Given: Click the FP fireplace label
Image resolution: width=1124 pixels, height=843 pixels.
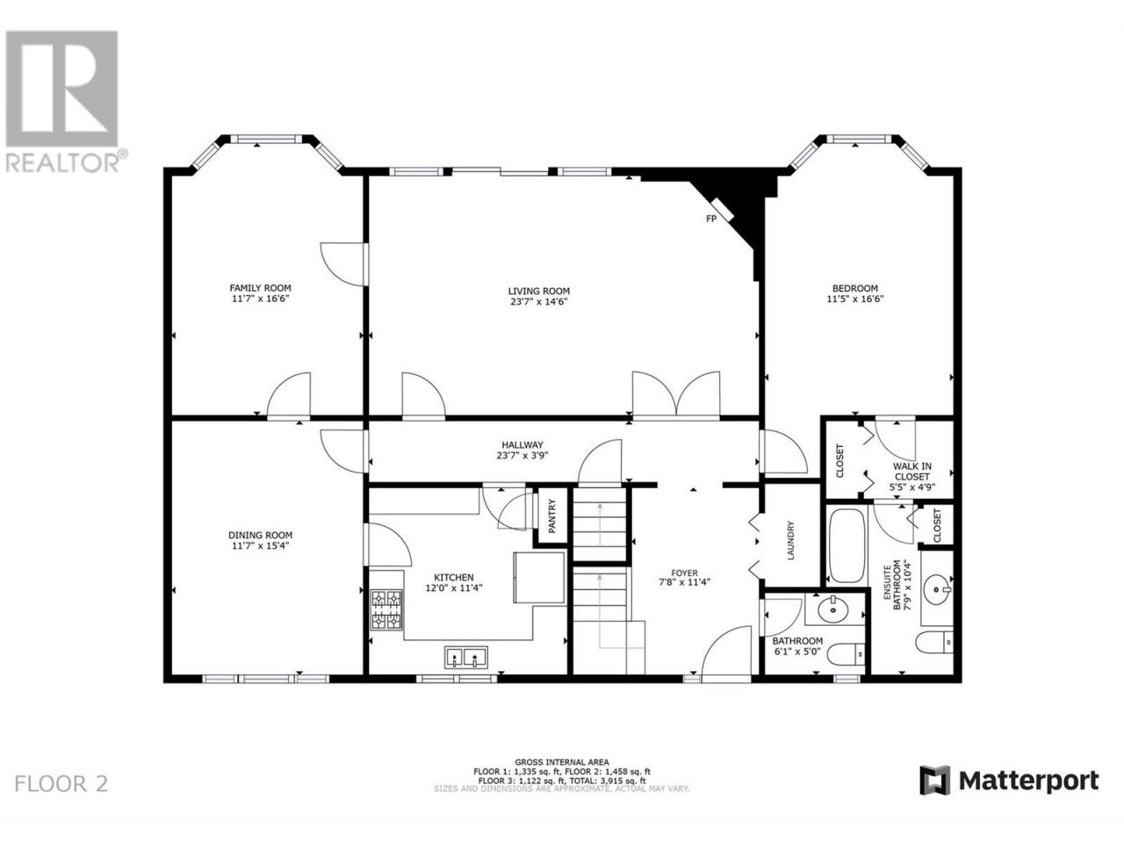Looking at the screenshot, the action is [x=710, y=219].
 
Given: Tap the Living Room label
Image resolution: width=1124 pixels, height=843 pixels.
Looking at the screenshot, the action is [x=538, y=292].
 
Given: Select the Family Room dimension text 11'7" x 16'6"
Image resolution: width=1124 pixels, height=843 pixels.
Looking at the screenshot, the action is [x=260, y=299].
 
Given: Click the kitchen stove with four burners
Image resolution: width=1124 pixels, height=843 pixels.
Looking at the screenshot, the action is [x=386, y=609].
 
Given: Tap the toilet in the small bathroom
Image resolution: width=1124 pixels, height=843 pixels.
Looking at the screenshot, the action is [x=846, y=653].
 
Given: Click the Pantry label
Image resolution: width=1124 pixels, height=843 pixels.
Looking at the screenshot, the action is [x=552, y=516].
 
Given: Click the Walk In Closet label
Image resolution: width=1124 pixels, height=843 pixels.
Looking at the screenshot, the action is [x=912, y=472].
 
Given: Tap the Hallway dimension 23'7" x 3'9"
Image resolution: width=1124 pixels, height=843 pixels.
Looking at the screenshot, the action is [x=522, y=456].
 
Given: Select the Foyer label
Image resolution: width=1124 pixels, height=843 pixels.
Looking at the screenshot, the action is [x=685, y=573].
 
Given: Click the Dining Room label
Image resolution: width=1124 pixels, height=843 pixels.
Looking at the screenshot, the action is [x=260, y=536].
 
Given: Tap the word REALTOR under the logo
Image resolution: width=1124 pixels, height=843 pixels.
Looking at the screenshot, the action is [x=62, y=162].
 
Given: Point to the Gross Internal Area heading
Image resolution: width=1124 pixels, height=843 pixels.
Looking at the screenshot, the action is [x=562, y=762].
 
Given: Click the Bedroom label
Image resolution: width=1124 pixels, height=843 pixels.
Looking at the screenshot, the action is [x=854, y=288].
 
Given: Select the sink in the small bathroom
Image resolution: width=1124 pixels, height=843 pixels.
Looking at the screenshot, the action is [x=833, y=609].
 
